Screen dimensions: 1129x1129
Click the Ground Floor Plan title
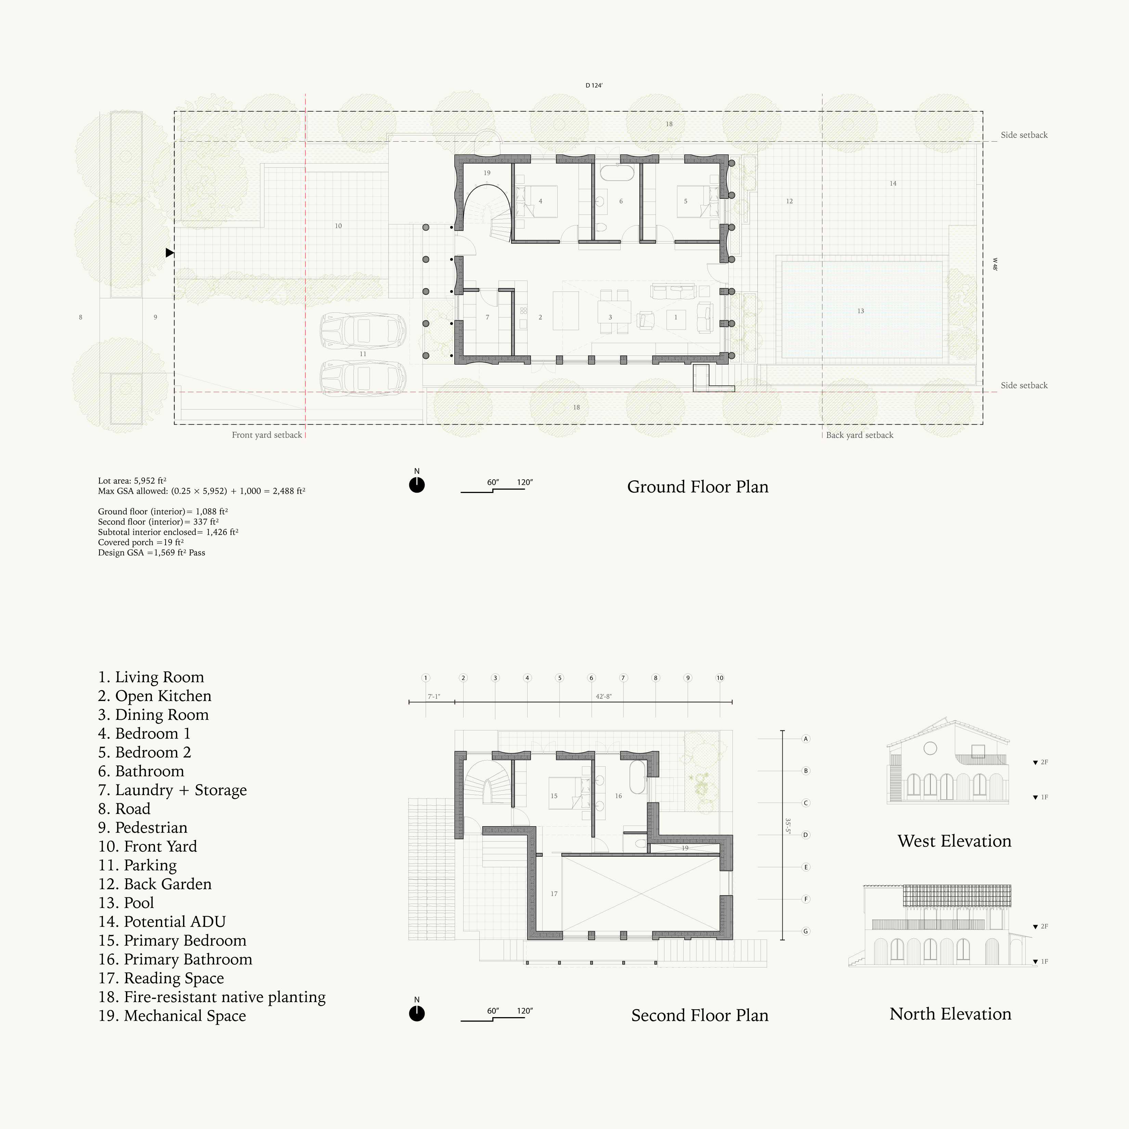pos(698,487)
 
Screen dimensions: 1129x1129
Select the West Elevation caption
pos(954,841)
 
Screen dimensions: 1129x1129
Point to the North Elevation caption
pos(950,1014)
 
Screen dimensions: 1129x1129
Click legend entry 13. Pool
pos(126,903)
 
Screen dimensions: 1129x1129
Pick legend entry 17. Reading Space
pos(161,978)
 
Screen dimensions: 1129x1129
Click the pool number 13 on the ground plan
pos(860,311)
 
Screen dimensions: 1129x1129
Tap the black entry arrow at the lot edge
pos(169,252)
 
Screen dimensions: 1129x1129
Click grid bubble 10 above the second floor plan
pos(720,678)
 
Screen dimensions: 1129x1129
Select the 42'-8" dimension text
pos(604,697)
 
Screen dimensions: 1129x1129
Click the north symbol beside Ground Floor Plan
pos(417,484)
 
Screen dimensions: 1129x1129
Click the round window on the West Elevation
pos(930,748)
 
